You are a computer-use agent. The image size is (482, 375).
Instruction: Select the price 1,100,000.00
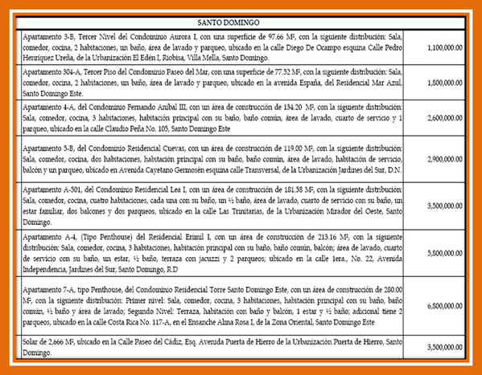[445, 47]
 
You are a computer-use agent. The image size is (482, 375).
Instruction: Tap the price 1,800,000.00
[445, 82]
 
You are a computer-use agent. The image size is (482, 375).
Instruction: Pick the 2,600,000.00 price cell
[445, 116]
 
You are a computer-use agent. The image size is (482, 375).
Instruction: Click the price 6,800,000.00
[445, 306]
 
